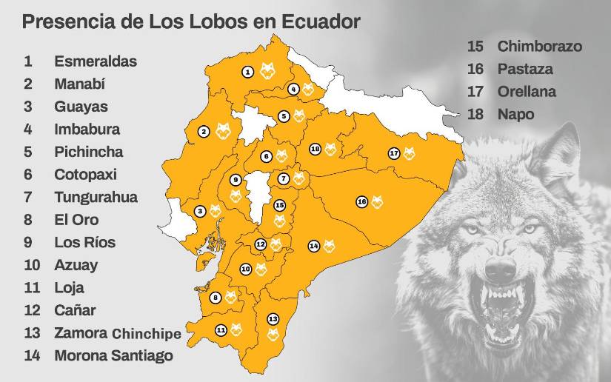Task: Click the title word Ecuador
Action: (322, 22)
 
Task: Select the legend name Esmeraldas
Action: (96, 61)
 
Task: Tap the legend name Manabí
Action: (81, 84)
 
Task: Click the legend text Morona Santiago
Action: (113, 355)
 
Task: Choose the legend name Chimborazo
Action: (539, 47)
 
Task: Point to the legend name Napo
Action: (515, 115)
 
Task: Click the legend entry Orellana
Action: (527, 92)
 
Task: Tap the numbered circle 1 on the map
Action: (247, 71)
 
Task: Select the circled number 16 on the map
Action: (361, 201)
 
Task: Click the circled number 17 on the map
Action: (393, 153)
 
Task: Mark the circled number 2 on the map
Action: (204, 132)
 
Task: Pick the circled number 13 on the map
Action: (273, 318)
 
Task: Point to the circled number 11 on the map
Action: (221, 329)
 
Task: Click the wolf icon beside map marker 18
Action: (330, 150)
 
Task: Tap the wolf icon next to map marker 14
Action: (329, 245)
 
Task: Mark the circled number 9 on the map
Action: (236, 180)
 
